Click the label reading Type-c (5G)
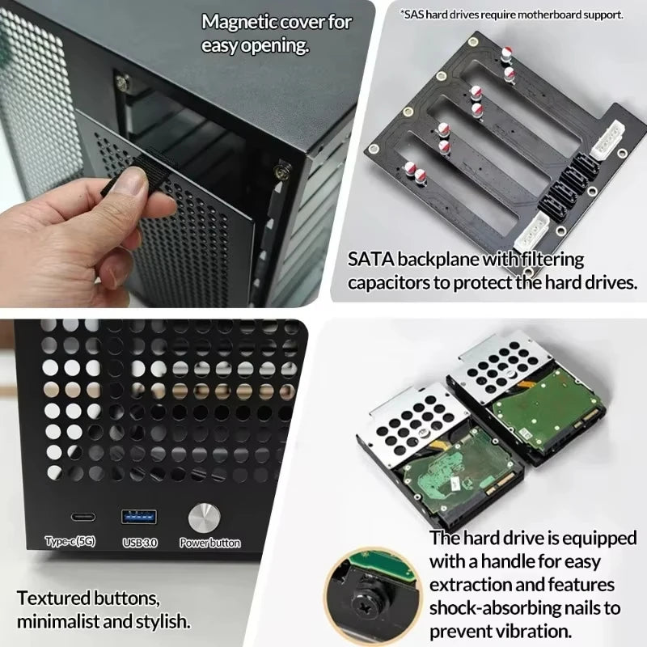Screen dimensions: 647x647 pos(70,543)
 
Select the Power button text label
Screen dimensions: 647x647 pos(209,543)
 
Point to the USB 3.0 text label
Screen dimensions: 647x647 pos(139,543)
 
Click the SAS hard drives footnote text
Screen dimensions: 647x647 pos(511,14)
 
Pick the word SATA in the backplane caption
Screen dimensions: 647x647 pos(374,260)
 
